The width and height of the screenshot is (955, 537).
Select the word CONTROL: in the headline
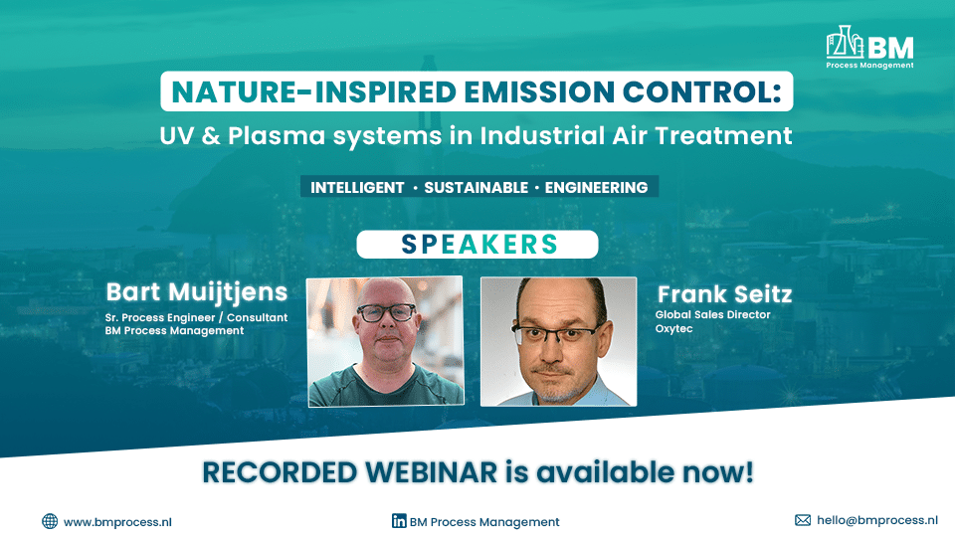711,91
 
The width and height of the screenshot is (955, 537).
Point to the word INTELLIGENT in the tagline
357,187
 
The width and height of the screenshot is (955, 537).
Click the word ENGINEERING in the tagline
596,187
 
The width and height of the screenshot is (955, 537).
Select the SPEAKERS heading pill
477,245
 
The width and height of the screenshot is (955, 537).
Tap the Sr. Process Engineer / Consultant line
196,317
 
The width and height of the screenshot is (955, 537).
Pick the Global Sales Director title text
712,315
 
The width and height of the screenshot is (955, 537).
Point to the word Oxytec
672,328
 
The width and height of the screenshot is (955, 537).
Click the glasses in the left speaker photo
386,313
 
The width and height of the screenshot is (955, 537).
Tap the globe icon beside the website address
50,521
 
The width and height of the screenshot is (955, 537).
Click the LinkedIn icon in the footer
399,521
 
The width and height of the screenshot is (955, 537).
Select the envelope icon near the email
803,520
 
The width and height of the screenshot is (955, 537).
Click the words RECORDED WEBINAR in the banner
352,472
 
